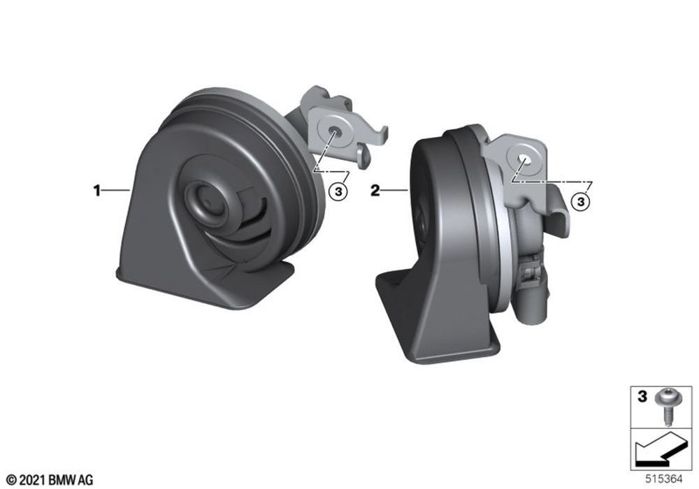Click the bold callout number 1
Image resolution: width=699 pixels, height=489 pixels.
pyautogui.click(x=96, y=191)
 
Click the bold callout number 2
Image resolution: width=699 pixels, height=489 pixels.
pyautogui.click(x=375, y=191)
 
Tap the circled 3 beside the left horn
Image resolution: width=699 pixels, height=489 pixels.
pyautogui.click(x=338, y=191)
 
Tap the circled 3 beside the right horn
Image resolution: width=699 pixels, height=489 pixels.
pyautogui.click(x=580, y=202)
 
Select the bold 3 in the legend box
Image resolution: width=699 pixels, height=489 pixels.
pyautogui.click(x=642, y=396)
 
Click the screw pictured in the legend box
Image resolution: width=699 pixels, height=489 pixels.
pyautogui.click(x=665, y=407)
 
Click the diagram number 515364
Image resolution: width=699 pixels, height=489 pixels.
pyautogui.click(x=664, y=479)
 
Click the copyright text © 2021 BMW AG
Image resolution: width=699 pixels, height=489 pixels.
pyautogui.click(x=50, y=480)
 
